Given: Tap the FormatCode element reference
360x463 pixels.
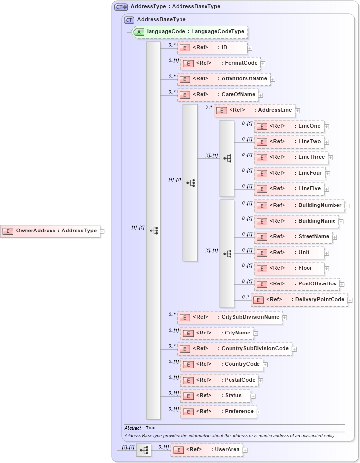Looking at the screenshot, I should click(x=220, y=63).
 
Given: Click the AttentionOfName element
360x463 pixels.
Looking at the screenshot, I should click(x=223, y=79).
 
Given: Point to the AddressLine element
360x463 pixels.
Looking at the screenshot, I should click(x=255, y=110).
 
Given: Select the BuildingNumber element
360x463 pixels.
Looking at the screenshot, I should click(x=299, y=206).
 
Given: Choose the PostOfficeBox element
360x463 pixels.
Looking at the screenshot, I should click(x=296, y=284).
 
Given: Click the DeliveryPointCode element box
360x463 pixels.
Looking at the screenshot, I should click(x=299, y=300).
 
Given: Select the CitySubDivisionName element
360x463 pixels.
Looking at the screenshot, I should click(x=229, y=317).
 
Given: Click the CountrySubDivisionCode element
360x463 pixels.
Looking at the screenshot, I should click(x=234, y=349).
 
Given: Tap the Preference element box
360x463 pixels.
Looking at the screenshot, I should click(x=218, y=412).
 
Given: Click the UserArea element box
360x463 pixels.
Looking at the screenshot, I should click(x=206, y=450).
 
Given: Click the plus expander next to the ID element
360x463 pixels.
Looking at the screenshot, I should click(x=250, y=48).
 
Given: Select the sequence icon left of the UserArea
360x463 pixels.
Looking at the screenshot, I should click(x=144, y=450).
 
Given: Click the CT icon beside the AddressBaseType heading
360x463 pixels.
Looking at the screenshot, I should click(x=129, y=20).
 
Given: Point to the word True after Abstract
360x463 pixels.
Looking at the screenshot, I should click(x=150, y=428).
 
